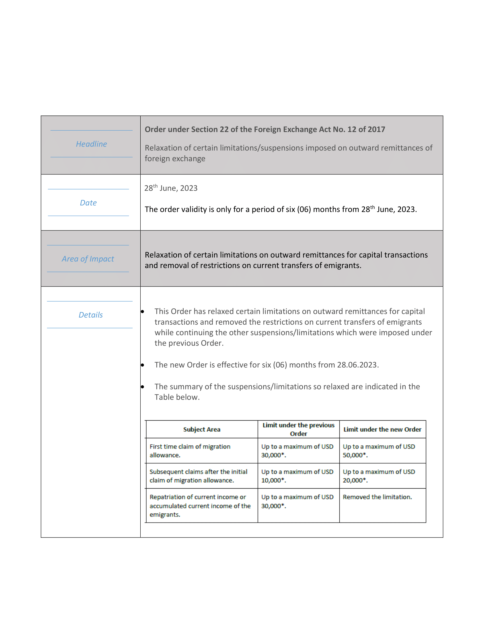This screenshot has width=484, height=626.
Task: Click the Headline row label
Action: click(91, 144)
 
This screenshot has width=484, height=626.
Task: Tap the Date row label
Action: click(88, 203)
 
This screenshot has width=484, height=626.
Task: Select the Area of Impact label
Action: click(88, 259)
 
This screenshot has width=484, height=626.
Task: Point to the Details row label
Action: click(91, 315)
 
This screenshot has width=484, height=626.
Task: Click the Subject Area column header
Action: click(202, 429)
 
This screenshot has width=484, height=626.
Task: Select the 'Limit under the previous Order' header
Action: click(298, 429)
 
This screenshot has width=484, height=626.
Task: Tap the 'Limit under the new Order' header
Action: click(382, 429)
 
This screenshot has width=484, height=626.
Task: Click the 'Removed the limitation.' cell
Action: click(377, 497)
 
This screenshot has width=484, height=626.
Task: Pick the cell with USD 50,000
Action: click(378, 451)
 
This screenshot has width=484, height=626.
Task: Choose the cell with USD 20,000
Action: click(378, 476)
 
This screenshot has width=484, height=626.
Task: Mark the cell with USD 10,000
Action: click(297, 476)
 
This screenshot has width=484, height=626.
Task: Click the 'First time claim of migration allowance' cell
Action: click(190, 451)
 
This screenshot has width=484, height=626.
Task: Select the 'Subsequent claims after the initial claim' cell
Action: click(198, 476)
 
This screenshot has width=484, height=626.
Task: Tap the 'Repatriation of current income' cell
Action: click(200, 506)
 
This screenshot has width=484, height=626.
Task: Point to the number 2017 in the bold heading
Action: click(375, 129)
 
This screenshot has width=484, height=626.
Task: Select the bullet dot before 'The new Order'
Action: click(143, 365)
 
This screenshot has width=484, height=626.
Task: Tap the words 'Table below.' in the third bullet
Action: click(177, 397)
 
